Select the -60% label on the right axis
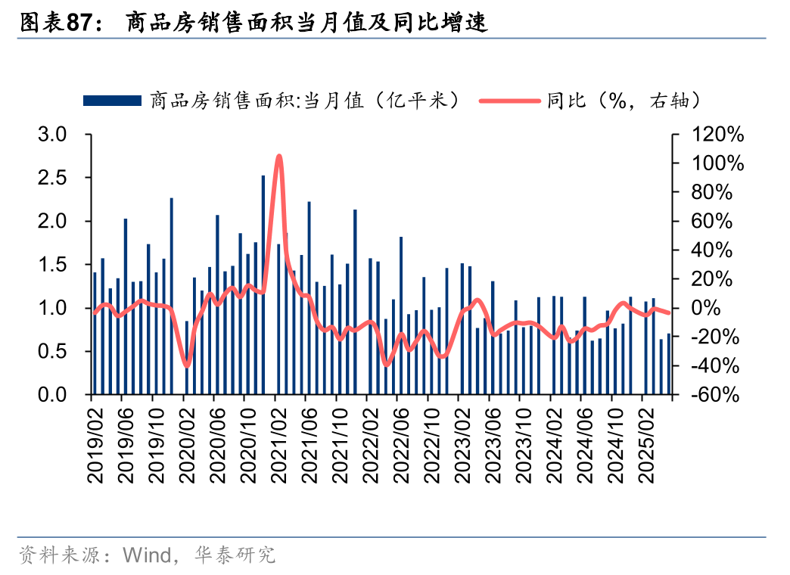tap(712, 395)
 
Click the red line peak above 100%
tap(279, 157)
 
